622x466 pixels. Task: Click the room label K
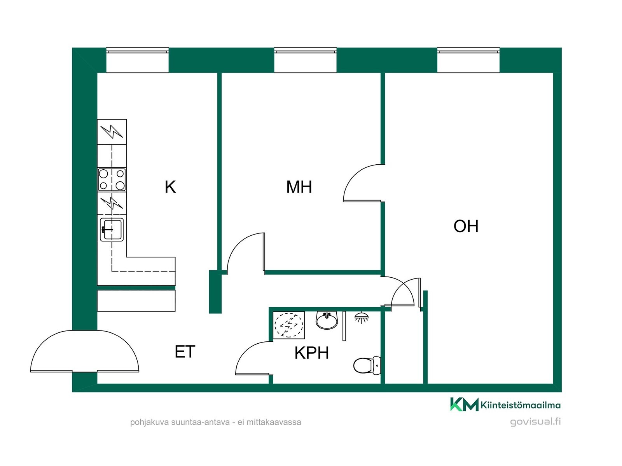coord(170,187)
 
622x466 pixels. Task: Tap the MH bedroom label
coord(299,187)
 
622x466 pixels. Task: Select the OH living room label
coord(466,226)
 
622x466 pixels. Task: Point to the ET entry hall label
coord(185,352)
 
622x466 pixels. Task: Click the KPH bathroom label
coord(312,353)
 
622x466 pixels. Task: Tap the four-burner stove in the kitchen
coord(112,180)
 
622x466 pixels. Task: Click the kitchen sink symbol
coord(112,230)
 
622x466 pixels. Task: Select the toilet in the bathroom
coord(367,365)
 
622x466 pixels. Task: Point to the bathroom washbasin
coord(327,320)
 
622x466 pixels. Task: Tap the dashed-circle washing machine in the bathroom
coord(289,325)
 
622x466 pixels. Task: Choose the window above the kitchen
coord(138,60)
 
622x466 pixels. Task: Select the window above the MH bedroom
coord(305,60)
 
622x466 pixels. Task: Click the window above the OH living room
coord(468,60)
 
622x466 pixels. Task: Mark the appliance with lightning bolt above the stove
coord(112,132)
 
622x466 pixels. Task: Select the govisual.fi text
coord(535,422)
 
